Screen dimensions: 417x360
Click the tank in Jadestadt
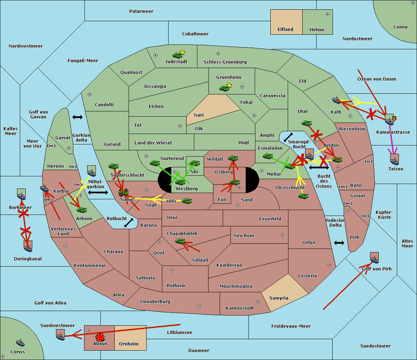pos(177,55)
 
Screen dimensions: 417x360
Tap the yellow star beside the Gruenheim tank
pos(229,85)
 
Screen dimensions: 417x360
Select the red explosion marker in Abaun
pos(100,337)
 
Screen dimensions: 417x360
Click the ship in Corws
pos(21,343)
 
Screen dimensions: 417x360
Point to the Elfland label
pos(285,30)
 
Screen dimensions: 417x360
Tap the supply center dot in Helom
pos(328,14)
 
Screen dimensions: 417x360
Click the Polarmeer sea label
pos(141,11)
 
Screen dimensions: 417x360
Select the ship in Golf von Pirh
pos(375,260)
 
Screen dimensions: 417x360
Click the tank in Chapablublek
pos(180,241)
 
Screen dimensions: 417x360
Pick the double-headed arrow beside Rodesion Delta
pos(339,243)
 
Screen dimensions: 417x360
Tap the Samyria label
pos(279,298)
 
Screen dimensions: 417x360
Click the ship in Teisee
pos(395,161)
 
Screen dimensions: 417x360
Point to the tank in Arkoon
pos(82,210)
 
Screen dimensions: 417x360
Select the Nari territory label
pos(199,115)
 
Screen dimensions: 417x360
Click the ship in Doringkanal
pos(28,248)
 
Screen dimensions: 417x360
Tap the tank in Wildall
pos(233,158)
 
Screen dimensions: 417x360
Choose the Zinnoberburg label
pos(155,302)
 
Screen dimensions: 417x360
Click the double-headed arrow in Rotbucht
pos(129,223)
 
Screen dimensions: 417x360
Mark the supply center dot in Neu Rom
pos(283,235)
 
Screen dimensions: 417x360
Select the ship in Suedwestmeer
pos(60,336)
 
